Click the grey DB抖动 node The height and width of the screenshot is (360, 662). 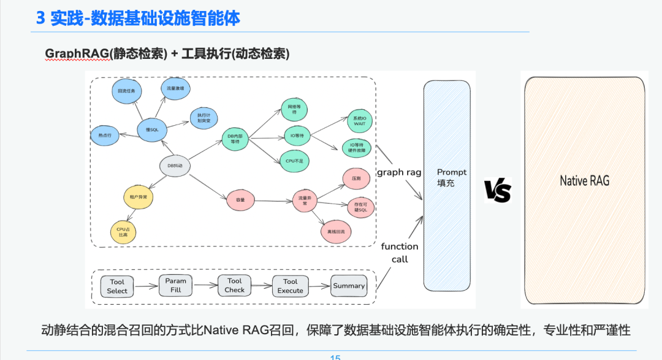tap(175, 166)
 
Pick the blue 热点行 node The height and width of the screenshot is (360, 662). tap(105, 134)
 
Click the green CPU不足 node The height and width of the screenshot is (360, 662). tap(295, 161)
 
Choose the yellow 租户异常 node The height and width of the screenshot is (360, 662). tap(139, 197)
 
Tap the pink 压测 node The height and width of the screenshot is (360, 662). tap(356, 178)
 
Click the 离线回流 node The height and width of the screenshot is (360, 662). tap(336, 231)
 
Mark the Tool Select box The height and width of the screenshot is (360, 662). tap(117, 286)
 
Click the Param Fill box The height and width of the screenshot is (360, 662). tap(175, 285)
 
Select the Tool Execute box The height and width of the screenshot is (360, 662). tap(290, 286)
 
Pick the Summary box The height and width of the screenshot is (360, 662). tap(349, 286)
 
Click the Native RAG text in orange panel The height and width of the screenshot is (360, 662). tap(584, 180)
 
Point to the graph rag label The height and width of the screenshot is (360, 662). tap(399, 172)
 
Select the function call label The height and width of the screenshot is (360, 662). tap(400, 253)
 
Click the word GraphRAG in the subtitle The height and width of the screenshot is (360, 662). tap(77, 54)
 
